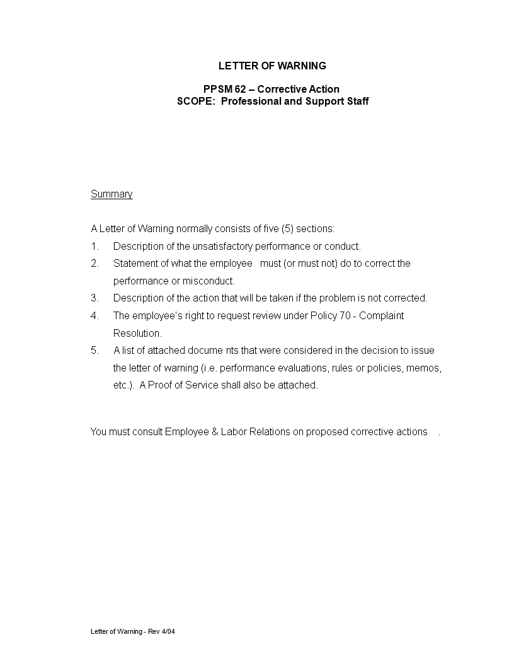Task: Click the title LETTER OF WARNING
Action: [x=272, y=66]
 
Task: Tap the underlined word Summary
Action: [x=111, y=194]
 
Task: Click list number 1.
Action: [x=94, y=246]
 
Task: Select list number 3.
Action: [x=94, y=298]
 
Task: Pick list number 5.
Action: [x=94, y=351]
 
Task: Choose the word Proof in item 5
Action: [x=161, y=385]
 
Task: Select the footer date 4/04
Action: [x=168, y=631]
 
